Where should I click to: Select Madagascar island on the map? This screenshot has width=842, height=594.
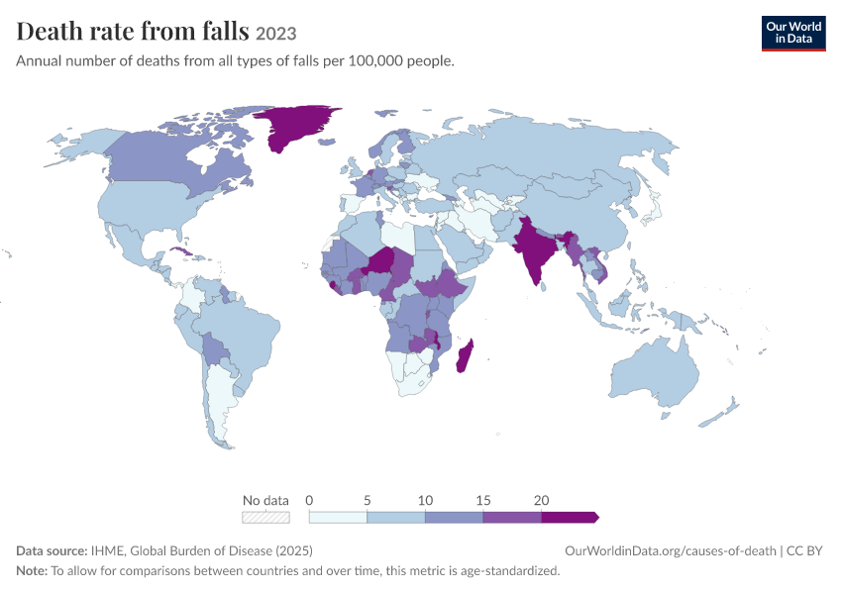point(465,355)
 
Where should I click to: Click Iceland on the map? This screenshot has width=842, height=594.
point(327,143)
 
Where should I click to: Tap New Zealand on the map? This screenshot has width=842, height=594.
point(719,413)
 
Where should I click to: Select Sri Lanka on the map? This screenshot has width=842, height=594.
point(544,286)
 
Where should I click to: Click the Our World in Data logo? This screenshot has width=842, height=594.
point(793,34)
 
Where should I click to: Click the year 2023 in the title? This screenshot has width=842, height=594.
point(276,34)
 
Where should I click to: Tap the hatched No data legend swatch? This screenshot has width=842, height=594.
point(265,517)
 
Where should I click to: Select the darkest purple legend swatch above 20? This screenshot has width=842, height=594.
point(570,517)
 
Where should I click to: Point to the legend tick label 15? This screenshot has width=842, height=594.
point(482,500)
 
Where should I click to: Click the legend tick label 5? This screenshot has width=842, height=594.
point(367,500)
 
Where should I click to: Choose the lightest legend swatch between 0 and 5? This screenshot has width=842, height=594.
point(338,517)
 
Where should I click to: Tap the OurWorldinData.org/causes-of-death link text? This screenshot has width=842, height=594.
point(671,550)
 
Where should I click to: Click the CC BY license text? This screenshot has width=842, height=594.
point(804,550)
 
